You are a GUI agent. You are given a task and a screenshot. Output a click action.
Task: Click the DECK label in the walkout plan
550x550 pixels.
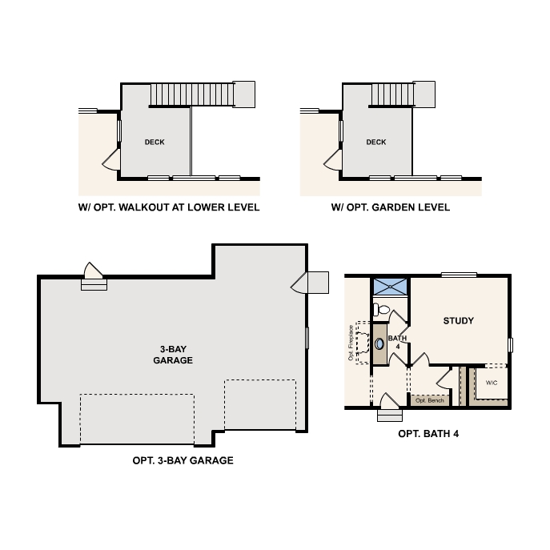[x=155, y=142]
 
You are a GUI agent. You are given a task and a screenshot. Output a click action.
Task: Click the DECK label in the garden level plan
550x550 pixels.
[x=376, y=142]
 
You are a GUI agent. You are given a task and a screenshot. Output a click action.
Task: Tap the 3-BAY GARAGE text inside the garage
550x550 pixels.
[x=173, y=355]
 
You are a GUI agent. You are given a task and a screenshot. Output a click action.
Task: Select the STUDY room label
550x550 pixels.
[x=459, y=320]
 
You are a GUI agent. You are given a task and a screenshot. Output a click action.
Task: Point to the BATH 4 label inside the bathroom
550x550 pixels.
[x=397, y=343]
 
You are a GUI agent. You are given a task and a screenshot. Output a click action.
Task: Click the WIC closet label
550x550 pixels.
[x=492, y=383]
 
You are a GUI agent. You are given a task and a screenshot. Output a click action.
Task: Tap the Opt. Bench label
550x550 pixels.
[x=430, y=400]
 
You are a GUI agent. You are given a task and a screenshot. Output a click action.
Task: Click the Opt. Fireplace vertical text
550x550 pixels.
[x=351, y=343]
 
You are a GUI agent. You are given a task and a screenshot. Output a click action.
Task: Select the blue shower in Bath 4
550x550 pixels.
[x=390, y=287]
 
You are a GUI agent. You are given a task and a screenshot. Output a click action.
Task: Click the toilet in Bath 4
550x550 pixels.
[x=381, y=310]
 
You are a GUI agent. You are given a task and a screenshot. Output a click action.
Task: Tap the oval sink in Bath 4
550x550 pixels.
[x=379, y=343]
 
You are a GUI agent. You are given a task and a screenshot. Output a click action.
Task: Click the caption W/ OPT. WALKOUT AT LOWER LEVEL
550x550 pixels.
[x=169, y=207]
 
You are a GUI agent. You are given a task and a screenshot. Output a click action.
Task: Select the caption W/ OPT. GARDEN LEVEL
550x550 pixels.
[x=391, y=207]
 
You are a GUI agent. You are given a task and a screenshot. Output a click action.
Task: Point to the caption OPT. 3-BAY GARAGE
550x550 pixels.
[x=183, y=460]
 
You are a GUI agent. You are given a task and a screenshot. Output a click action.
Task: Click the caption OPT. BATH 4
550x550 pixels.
[x=428, y=434]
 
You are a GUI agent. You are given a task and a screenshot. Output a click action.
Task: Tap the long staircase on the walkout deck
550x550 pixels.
[x=192, y=94]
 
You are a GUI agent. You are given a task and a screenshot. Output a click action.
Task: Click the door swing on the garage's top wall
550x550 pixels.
[x=94, y=271]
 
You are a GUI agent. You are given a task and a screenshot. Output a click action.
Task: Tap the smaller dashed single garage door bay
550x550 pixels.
[x=260, y=405]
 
